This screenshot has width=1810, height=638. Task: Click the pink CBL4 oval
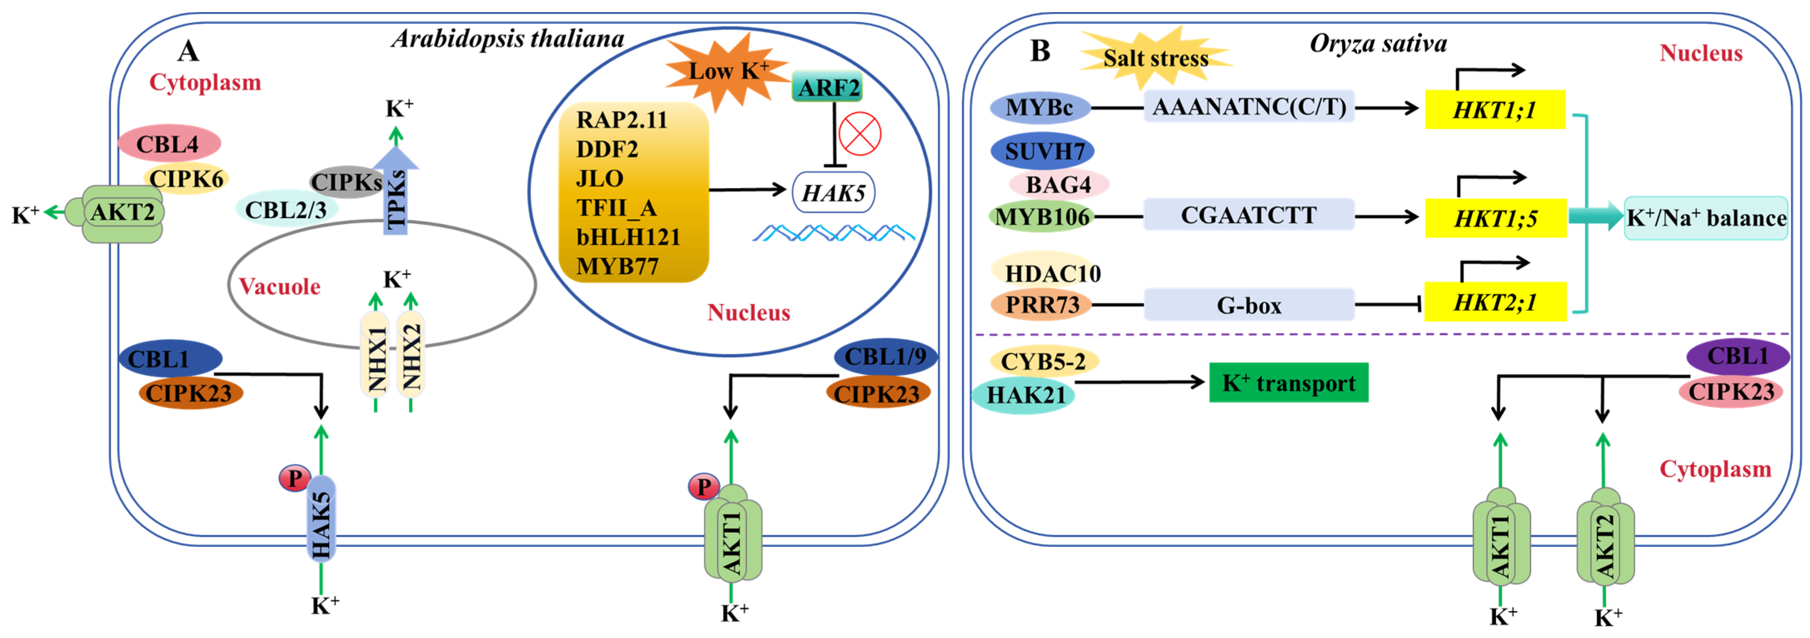(x=169, y=144)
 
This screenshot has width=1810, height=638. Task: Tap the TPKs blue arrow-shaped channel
(x=396, y=190)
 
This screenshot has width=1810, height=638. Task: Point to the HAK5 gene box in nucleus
(x=833, y=192)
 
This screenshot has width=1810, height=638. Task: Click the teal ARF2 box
(x=828, y=87)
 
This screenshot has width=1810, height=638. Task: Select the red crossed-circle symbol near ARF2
(x=860, y=134)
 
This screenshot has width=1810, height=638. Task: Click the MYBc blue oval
(x=1040, y=107)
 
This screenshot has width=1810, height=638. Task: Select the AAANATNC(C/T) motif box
(x=1249, y=107)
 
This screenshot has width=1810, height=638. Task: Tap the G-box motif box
(x=1249, y=305)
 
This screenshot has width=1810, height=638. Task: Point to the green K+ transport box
(x=1289, y=382)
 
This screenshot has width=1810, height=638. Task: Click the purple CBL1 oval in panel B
(x=1738, y=356)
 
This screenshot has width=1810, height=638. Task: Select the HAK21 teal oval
(x=1024, y=395)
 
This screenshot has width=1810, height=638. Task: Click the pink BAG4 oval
(x=1058, y=184)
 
